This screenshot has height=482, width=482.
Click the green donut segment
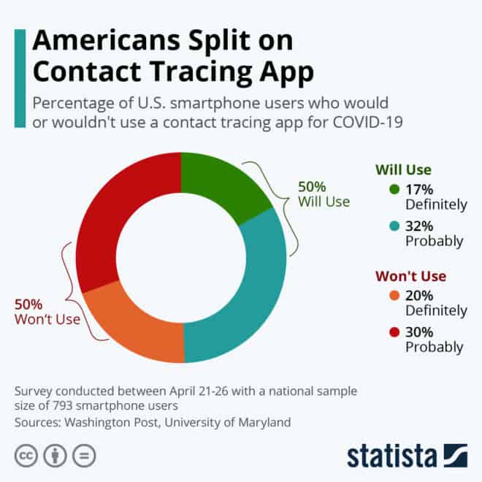(x=220, y=183)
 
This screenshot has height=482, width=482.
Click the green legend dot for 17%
(x=395, y=189)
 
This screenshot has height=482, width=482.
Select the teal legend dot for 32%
(x=395, y=226)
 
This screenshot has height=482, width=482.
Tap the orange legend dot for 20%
(x=395, y=296)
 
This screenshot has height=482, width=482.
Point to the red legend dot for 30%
(x=395, y=332)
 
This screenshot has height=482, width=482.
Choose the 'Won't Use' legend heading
(x=410, y=277)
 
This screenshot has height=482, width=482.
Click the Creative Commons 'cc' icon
(x=26, y=454)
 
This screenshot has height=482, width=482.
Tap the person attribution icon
(x=56, y=454)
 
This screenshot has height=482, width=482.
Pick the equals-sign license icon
(x=84, y=454)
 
